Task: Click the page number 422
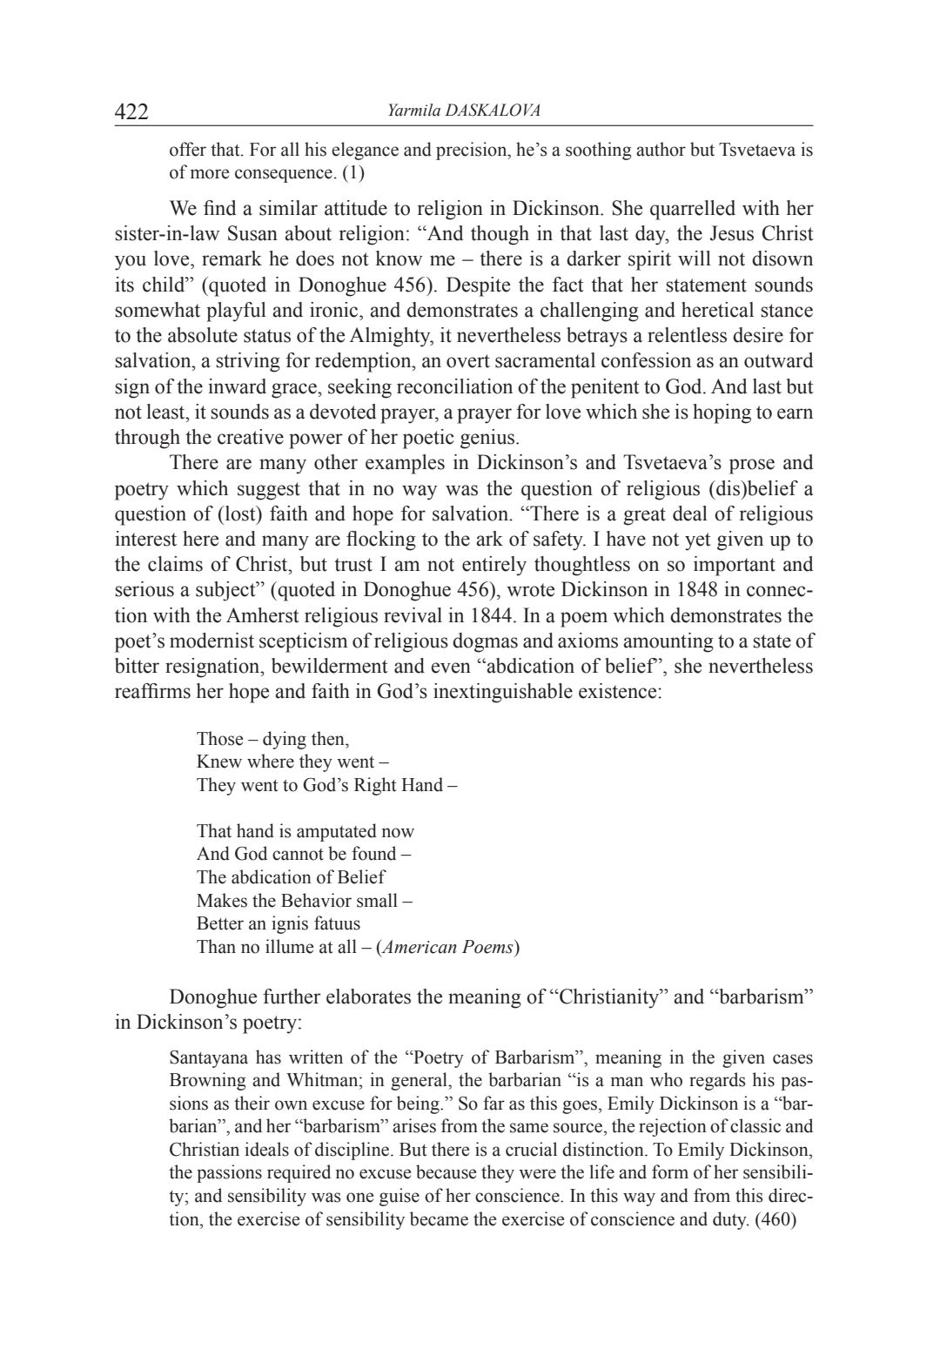132,111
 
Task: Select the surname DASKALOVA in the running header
493,111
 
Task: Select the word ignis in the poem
298,923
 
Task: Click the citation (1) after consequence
353,172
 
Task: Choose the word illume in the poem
288,947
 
